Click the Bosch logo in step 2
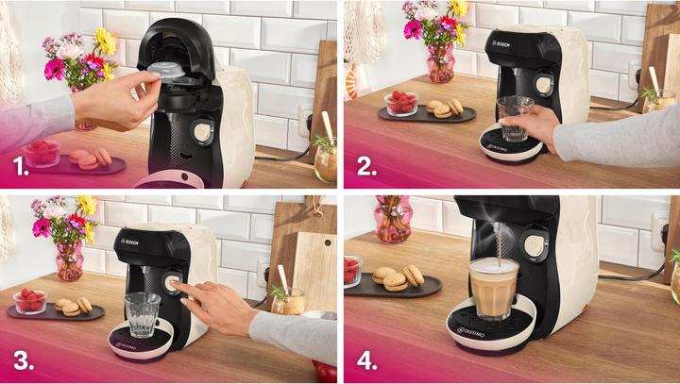(x=473, y=43)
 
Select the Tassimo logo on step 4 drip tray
(x=473, y=330)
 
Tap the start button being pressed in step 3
(x=174, y=282)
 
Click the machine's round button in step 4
(x=535, y=244)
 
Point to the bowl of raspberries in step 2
(x=402, y=102)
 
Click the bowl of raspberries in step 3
(x=31, y=300)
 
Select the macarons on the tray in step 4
(x=397, y=277)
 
